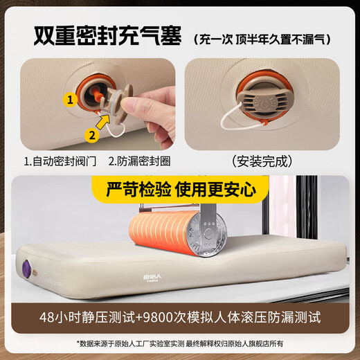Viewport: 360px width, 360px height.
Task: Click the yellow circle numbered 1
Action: (x=70, y=100)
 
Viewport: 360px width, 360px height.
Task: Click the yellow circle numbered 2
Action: (x=92, y=135)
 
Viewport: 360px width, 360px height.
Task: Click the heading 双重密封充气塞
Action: (x=107, y=36)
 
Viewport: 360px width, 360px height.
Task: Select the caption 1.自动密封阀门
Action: (x=60, y=161)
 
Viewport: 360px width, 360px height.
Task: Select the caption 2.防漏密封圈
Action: (x=139, y=161)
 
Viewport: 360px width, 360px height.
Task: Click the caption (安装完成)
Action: (x=262, y=161)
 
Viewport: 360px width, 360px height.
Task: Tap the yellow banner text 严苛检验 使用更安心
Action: (x=181, y=190)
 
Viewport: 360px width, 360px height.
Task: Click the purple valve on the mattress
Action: (x=27, y=268)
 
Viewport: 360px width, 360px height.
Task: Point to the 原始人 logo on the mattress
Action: (x=152, y=278)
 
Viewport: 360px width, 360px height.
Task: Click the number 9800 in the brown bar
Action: (x=159, y=318)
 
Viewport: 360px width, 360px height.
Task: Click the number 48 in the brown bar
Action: (x=47, y=318)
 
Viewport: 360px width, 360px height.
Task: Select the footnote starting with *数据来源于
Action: (x=180, y=343)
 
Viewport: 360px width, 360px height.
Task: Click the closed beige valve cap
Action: (x=262, y=100)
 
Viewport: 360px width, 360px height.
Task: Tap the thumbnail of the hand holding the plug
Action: (x=98, y=104)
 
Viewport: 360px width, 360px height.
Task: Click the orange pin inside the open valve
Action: (x=97, y=95)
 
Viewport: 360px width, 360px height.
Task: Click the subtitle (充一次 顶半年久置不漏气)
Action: (x=262, y=39)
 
